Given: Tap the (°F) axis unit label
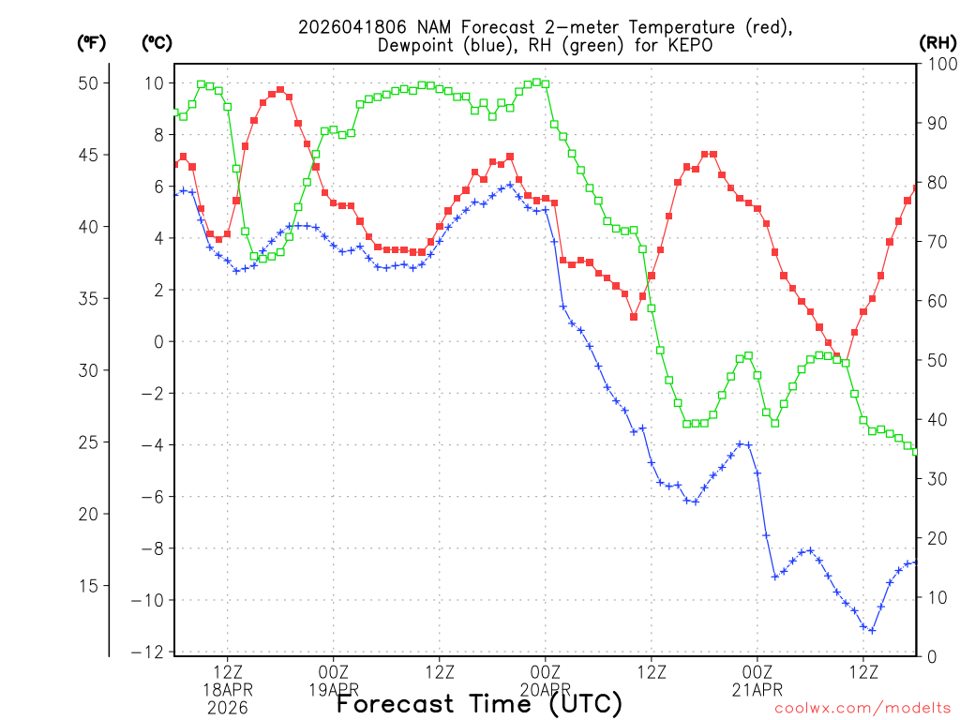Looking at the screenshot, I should (x=92, y=43).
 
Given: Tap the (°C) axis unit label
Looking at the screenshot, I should (x=157, y=43).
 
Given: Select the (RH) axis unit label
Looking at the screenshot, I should (x=937, y=43).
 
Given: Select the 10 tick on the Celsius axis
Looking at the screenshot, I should (x=154, y=83).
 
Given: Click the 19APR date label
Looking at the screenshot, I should (x=333, y=689).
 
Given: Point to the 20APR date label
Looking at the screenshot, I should (x=546, y=689).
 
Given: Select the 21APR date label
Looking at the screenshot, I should (x=757, y=689).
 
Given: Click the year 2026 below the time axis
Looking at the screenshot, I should (x=228, y=708).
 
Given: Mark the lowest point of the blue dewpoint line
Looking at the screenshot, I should (x=872, y=631).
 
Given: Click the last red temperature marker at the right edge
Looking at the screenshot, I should (x=916, y=188).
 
